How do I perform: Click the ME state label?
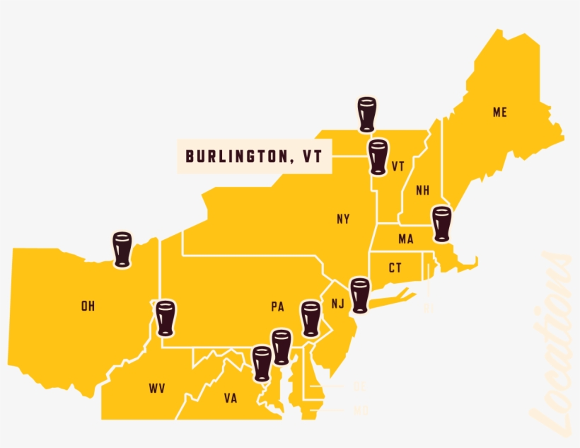click(x=500, y=113)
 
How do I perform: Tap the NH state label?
click(x=423, y=190)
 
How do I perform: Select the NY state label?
click(x=343, y=219)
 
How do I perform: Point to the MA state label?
click(x=405, y=239)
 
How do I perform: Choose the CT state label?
click(x=395, y=268)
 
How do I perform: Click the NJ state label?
click(x=337, y=304)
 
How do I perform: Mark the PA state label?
click(x=277, y=307)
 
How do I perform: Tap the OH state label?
click(x=88, y=306)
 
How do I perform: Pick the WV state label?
click(x=157, y=388)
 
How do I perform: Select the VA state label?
click(x=231, y=398)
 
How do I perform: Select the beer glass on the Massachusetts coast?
click(x=441, y=224)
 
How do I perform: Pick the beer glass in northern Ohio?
click(x=122, y=249)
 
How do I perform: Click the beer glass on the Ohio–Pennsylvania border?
click(x=166, y=318)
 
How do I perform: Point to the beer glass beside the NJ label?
click(x=360, y=295)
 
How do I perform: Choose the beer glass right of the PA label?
click(x=311, y=318)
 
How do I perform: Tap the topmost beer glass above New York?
click(x=366, y=114)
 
